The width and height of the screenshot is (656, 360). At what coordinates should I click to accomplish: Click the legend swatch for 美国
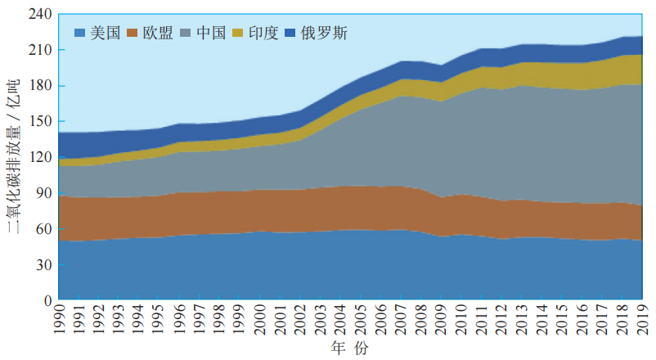pos(80,34)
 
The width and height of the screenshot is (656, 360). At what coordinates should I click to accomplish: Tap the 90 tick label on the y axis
pos(42,193)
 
